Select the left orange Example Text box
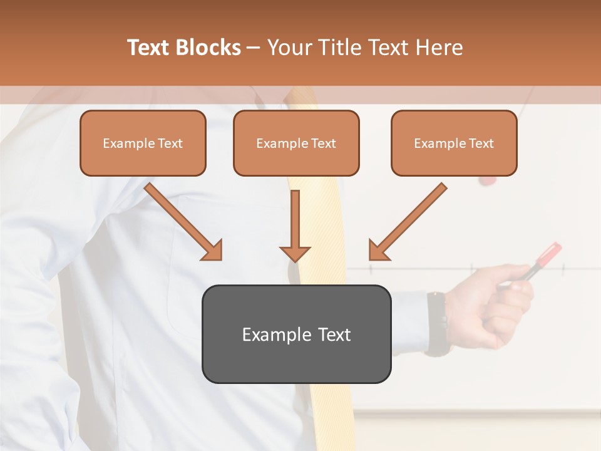[143, 143]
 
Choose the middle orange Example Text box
[296, 143]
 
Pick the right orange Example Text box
[454, 143]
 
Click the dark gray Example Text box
[296, 334]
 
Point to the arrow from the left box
[183, 222]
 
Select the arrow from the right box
[408, 222]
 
